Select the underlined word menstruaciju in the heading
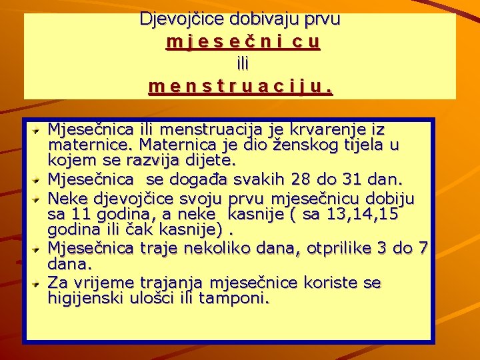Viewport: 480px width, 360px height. [x=241, y=86]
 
